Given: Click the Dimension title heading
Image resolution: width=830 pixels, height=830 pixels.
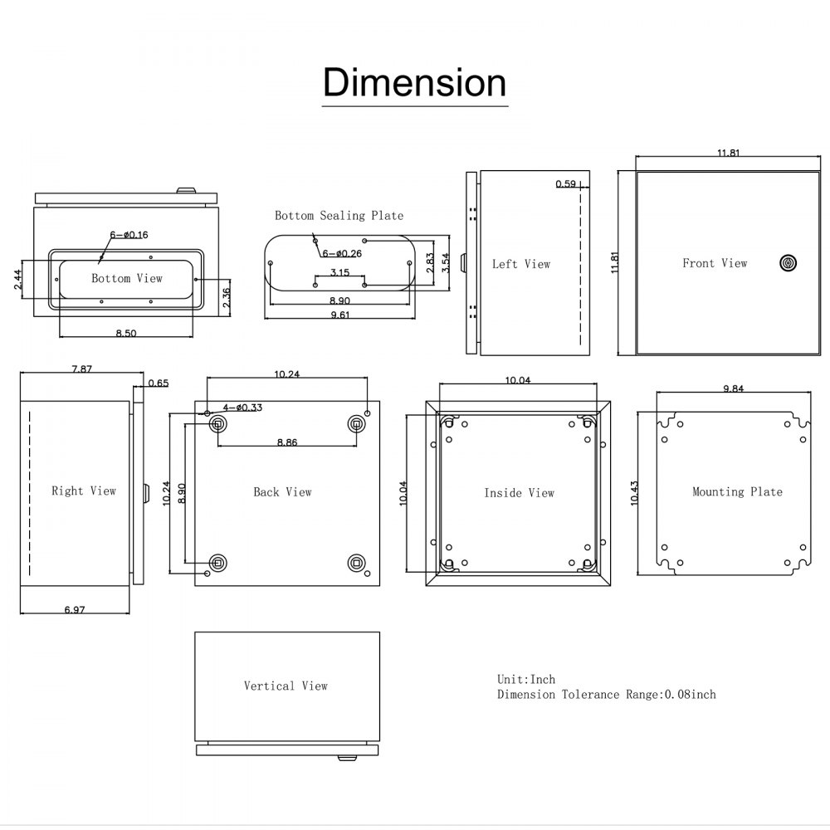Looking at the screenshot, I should click(x=414, y=83).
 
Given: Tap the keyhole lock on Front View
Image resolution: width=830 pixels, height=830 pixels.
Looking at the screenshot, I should click(x=788, y=263).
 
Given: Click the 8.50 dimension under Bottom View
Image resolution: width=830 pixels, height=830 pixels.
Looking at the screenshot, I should click(x=126, y=333).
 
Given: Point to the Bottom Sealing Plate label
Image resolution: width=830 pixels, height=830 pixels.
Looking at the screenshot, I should click(x=339, y=216).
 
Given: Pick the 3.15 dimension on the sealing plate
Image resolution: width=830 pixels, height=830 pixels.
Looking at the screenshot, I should click(x=339, y=272).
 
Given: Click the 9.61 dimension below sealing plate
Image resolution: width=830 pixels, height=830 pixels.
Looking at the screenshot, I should click(x=339, y=315).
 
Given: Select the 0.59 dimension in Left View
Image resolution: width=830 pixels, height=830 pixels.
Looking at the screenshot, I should click(x=566, y=184).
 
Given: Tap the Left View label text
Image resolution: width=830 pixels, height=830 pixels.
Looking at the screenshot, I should click(x=520, y=264).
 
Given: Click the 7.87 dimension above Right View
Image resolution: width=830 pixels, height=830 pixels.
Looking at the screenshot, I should click(x=81, y=369).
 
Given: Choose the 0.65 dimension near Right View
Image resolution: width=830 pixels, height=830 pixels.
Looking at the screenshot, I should click(x=158, y=383).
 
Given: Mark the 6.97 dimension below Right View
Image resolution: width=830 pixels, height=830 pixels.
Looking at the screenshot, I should click(x=76, y=610).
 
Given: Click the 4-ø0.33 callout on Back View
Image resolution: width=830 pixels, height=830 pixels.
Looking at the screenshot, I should click(x=242, y=408).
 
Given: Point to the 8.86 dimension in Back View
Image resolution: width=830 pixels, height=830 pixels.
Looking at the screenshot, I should click(x=286, y=442).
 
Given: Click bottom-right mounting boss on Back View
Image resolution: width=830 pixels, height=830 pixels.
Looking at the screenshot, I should click(x=357, y=561).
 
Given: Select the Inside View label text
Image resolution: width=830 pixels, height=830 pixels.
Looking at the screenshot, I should click(x=519, y=493).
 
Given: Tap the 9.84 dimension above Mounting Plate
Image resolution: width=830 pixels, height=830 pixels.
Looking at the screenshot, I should click(x=732, y=388).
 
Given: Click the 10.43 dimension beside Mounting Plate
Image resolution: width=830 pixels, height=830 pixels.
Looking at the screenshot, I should click(x=634, y=492).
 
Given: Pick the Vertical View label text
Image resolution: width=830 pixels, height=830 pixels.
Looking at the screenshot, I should click(x=286, y=686).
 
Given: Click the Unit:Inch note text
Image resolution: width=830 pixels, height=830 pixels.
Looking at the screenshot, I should click(x=526, y=679).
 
